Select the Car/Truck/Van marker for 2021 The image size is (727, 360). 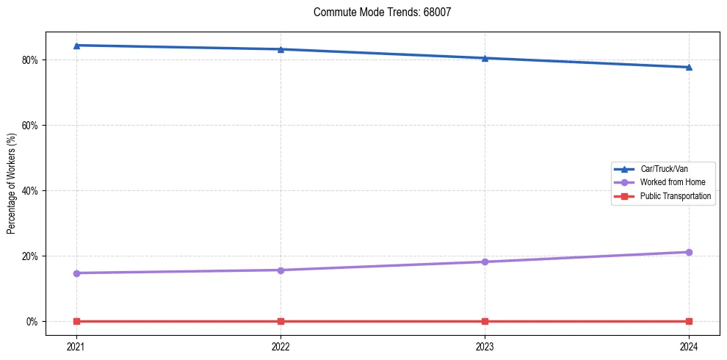point(76,46)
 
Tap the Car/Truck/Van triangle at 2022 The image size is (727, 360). point(281,49)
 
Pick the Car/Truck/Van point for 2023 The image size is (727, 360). point(485,58)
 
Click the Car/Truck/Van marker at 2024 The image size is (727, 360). point(689,68)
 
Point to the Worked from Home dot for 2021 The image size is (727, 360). point(76,273)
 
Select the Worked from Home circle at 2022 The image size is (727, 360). point(281,270)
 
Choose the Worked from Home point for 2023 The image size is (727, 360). point(485,262)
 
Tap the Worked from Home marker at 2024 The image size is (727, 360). point(689,252)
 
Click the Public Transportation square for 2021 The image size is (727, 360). point(76,321)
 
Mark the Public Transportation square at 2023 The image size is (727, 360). point(485,321)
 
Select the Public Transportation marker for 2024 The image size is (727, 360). point(689,321)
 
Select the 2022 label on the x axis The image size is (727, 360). point(281,346)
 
